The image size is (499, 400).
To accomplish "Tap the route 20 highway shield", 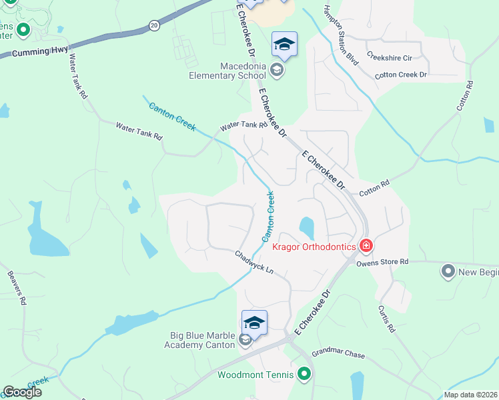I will pos(155,25).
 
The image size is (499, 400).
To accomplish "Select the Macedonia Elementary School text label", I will pos(243,71).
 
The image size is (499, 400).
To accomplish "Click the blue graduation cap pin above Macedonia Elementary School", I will pos(284,45).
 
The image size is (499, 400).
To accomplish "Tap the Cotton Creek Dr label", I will pos(400,75).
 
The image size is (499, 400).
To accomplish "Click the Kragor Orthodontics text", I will pos(314,247).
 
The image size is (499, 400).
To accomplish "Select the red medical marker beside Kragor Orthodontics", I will pos(366,247).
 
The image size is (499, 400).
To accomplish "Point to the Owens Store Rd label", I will pos(382,263).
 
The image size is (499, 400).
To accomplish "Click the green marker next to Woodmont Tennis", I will pos(305,374).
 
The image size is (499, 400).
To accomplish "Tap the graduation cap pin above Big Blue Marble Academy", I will pos(254,323).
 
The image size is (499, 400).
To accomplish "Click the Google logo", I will pos(21,392).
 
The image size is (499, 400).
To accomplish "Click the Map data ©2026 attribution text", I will pos(470,395).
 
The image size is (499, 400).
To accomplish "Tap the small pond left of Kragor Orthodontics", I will pos(307,227).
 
